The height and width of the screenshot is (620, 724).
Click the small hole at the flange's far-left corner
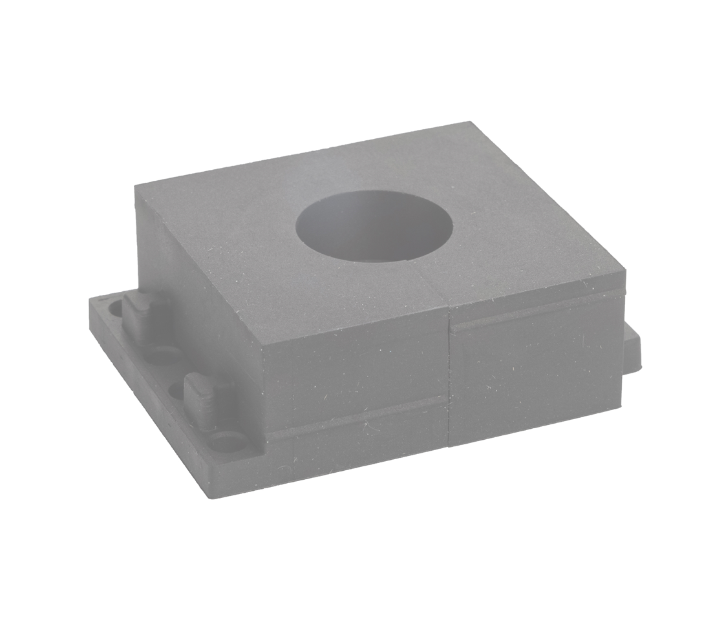(114, 307)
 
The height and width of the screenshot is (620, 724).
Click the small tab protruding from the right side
(632, 349)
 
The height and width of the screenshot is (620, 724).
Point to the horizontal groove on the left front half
(356, 417)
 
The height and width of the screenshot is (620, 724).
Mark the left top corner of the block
(136, 186)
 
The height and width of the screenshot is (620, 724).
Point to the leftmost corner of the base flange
(90, 300)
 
